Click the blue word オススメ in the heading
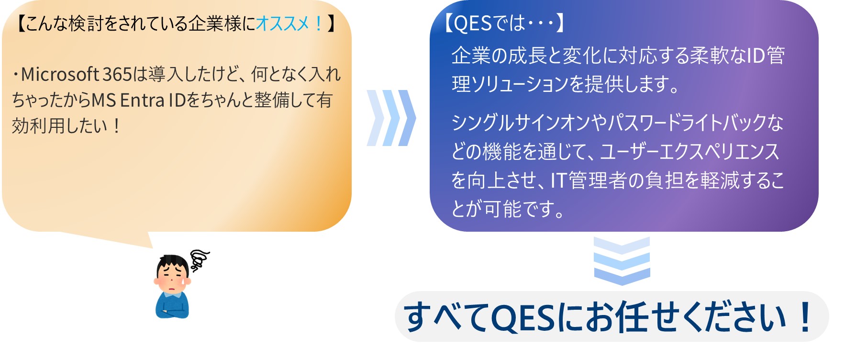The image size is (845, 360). pos(283,23)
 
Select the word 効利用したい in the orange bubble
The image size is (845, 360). pos(59,126)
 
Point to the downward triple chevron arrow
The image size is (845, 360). pos(622,261)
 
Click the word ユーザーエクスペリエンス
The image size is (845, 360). pos(689,152)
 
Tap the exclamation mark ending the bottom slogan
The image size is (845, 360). pos(805,316)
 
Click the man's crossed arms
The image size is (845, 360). pos(172,311)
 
